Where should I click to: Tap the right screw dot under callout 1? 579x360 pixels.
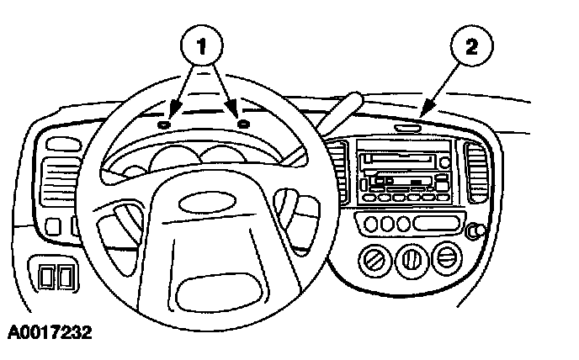[x=243, y=124]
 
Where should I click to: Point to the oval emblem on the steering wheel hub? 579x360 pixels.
[x=193, y=203]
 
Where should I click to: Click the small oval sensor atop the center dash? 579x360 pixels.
[x=408, y=128]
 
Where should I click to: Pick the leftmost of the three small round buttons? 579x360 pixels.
[x=370, y=225]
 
